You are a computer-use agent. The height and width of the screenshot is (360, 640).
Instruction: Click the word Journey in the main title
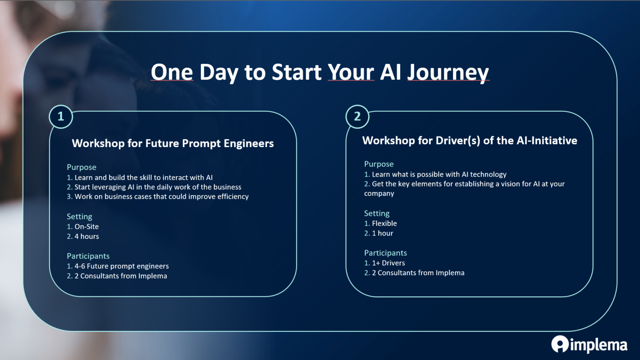448,73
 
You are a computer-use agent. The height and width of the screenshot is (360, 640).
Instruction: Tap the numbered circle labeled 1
61,116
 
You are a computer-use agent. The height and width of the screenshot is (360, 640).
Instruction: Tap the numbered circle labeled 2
357,116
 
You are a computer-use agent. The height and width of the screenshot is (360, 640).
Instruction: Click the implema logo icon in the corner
560,344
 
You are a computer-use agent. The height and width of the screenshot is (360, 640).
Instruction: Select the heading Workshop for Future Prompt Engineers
172,143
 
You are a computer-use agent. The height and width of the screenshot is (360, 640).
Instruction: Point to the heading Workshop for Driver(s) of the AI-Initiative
469,141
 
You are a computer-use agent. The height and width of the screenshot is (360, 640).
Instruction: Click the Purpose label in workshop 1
81,167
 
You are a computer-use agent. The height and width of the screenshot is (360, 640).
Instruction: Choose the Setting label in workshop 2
377,213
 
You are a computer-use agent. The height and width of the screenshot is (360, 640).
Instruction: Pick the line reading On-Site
83,226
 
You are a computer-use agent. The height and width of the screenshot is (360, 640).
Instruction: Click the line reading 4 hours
83,236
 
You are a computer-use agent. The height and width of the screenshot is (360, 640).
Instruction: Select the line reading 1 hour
378,233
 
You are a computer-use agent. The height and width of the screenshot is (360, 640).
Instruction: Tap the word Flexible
384,223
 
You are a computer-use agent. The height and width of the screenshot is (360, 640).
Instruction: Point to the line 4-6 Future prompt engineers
118,266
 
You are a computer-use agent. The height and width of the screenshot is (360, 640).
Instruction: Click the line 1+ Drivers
384,263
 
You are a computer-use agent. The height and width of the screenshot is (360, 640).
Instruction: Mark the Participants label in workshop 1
88,256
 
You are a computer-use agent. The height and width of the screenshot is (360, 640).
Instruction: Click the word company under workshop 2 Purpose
379,194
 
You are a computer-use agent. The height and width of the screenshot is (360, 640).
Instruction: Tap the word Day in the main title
219,73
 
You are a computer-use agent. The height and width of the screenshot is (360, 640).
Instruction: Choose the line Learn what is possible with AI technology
435,174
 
